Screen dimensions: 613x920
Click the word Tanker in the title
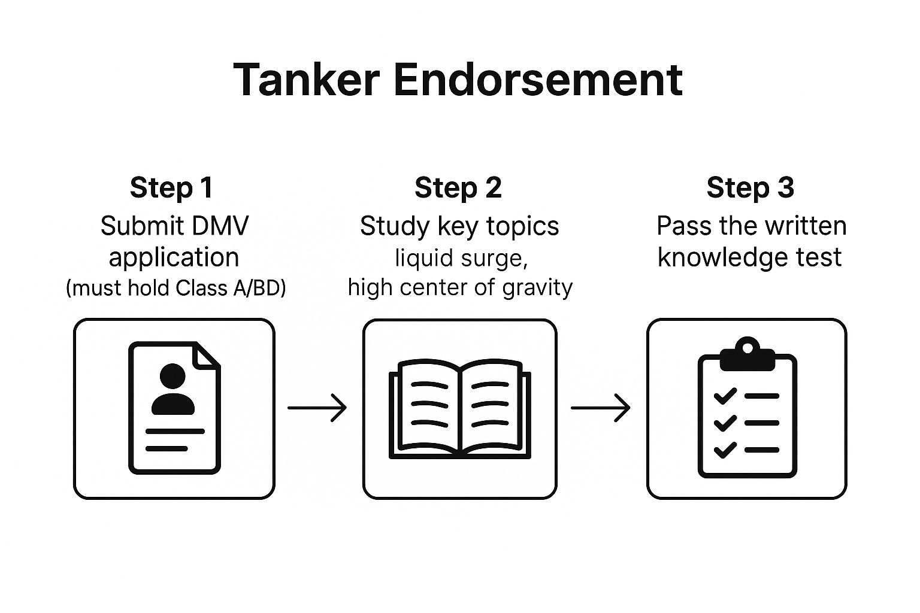pos(306,80)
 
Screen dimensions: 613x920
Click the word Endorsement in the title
pos(538,80)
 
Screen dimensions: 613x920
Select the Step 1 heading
pos(171,187)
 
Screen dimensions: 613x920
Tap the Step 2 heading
pos(458,187)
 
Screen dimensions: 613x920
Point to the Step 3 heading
pos(750,187)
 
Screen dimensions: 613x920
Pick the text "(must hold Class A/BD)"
pos(175,288)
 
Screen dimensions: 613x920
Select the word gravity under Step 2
pos(537,287)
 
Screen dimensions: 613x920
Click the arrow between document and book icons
pos(317,408)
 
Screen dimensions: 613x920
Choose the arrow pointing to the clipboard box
pos(601,408)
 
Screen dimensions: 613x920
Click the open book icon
pos(459,409)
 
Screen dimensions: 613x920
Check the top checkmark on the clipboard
pos(725,396)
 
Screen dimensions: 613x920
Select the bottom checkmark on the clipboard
pos(725,449)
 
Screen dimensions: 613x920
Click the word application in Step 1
pos(174,257)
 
